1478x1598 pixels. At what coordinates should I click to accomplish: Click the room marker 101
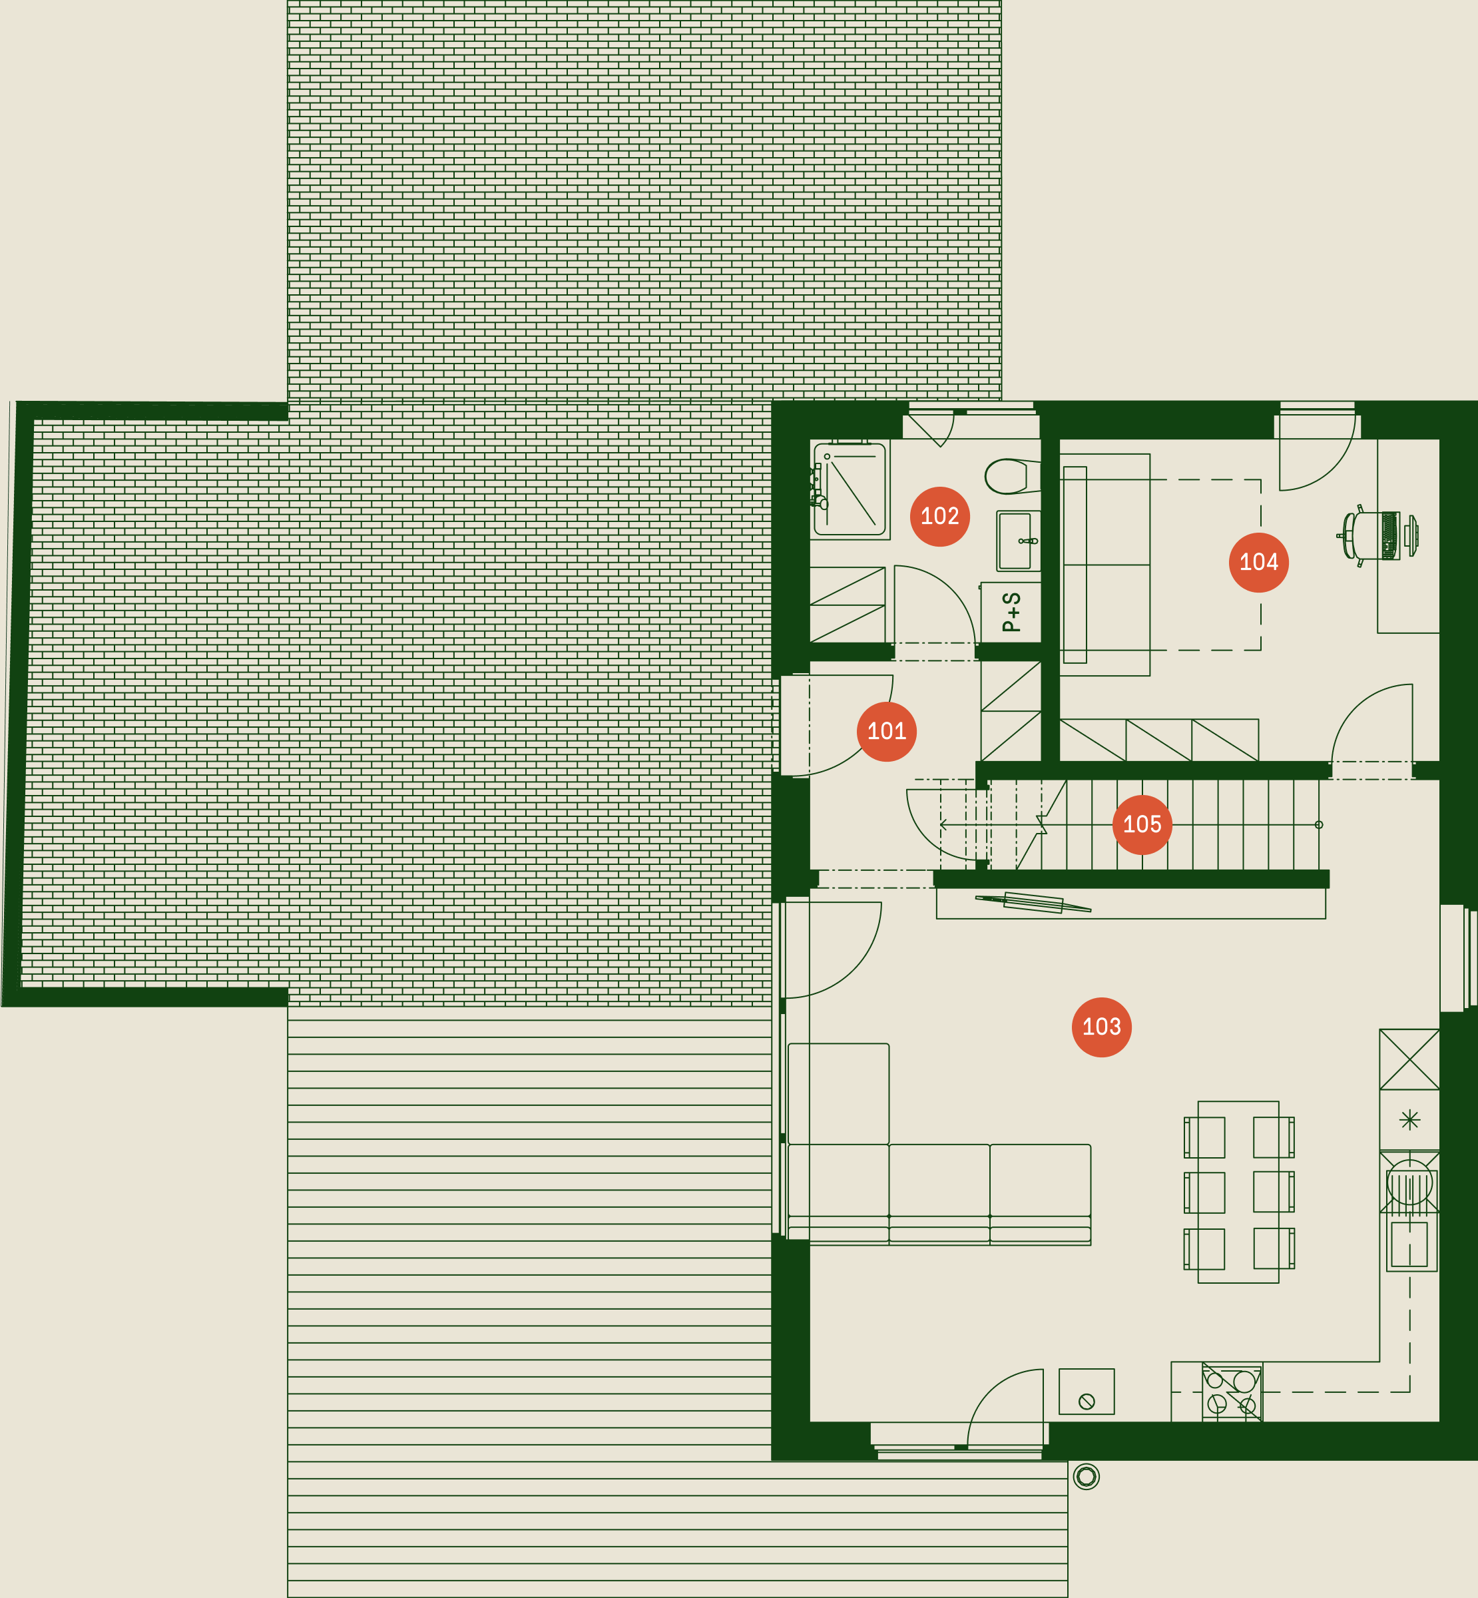point(886,731)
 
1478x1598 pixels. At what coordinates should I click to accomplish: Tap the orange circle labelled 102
point(940,516)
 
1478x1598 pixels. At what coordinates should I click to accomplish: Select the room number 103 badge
point(1101,1027)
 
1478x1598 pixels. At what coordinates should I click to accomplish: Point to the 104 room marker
point(1258,562)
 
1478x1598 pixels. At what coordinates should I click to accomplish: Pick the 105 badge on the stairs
point(1142,824)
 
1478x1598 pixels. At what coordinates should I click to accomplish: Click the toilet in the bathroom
point(1012,477)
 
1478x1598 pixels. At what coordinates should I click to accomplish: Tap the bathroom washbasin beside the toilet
point(1018,541)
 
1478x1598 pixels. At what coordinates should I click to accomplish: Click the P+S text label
point(1012,612)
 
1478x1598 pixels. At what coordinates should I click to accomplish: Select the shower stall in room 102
point(850,489)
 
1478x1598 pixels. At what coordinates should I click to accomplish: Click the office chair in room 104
point(1377,535)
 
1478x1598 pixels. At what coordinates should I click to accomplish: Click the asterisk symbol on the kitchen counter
point(1410,1120)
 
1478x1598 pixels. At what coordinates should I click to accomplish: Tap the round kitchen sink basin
point(1409,1182)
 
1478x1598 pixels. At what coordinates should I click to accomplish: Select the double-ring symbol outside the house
point(1086,1476)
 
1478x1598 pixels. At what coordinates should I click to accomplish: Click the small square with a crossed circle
point(1086,1392)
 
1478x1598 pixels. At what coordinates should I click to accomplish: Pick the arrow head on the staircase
point(944,824)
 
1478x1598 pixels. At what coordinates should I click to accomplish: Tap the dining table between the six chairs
point(1238,1193)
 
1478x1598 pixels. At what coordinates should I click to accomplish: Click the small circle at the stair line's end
point(1319,824)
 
